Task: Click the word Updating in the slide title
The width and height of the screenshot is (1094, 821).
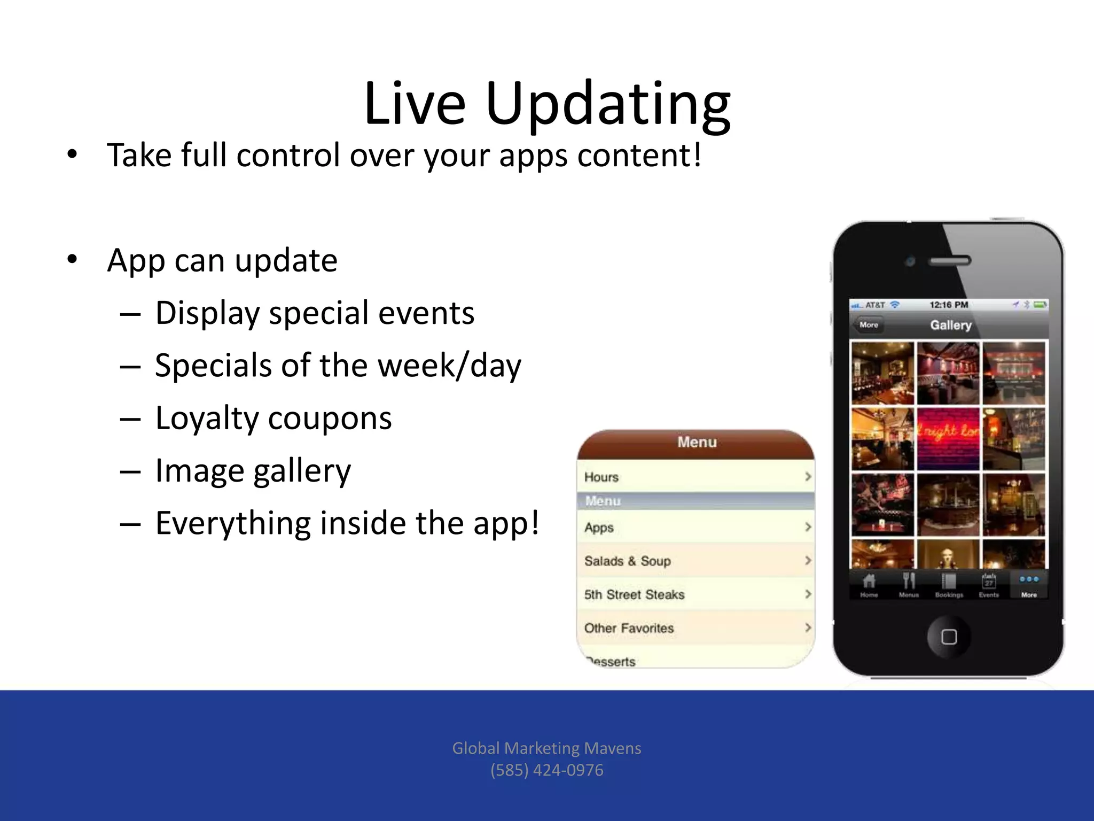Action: [x=608, y=104]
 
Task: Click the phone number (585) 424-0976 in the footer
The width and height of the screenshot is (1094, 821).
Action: [x=547, y=770]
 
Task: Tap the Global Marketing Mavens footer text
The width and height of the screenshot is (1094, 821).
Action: [x=547, y=748]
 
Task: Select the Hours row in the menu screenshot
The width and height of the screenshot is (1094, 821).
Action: [x=694, y=477]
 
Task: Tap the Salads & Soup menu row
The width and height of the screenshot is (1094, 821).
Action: [x=694, y=561]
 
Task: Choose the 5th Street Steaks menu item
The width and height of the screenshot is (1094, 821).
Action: [x=694, y=594]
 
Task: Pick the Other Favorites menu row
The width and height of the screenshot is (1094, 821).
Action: [x=694, y=628]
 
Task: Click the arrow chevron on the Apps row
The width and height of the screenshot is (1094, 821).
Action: [x=808, y=527]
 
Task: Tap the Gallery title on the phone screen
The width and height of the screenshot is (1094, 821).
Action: [x=951, y=325]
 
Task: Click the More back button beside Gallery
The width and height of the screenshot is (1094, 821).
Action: [x=869, y=325]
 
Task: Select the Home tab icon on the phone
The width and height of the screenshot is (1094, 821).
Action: [x=869, y=584]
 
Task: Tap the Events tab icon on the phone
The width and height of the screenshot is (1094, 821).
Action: [x=989, y=584]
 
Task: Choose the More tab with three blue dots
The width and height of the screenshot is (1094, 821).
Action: [x=1029, y=584]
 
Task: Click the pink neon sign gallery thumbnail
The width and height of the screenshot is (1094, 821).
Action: [x=948, y=438]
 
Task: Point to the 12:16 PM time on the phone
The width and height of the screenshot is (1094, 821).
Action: [x=949, y=305]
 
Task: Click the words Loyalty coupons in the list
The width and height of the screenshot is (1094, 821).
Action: [x=273, y=418]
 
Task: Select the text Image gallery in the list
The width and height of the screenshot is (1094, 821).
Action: [x=253, y=471]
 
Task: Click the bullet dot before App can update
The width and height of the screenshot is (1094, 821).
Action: [x=72, y=260]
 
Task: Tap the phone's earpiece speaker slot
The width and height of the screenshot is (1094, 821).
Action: [x=950, y=261]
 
